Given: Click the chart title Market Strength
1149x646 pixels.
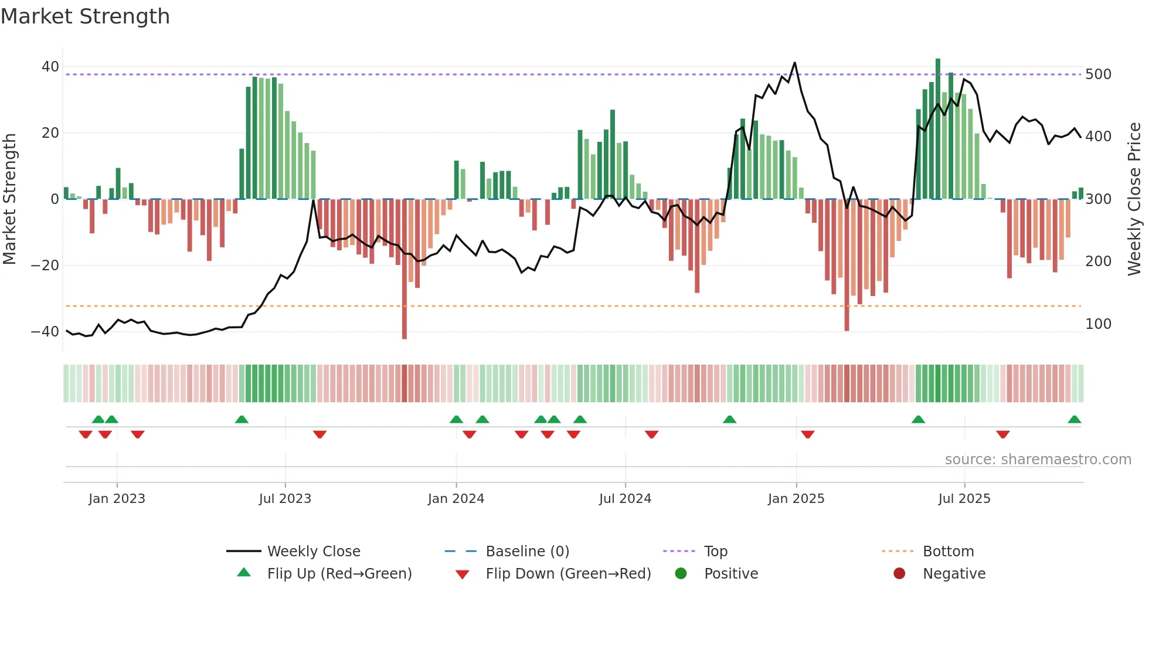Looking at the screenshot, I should (86, 16).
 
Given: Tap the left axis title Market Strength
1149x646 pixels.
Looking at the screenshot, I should (9, 199).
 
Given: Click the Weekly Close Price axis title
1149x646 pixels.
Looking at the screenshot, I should (1135, 199).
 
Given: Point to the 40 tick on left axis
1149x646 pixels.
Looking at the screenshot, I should (50, 67).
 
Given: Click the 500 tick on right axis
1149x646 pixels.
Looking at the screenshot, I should (1098, 74).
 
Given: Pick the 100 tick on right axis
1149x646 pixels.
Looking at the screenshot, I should (1098, 324).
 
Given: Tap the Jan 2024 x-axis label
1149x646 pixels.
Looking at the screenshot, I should (456, 499).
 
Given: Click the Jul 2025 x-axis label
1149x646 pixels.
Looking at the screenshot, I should (964, 499).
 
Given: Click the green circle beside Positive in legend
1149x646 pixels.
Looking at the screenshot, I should (681, 573).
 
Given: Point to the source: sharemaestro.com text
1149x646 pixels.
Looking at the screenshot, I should (1038, 460).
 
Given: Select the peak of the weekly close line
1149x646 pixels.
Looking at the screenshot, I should (795, 63).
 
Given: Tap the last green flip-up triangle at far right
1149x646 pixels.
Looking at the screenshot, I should (1075, 420).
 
